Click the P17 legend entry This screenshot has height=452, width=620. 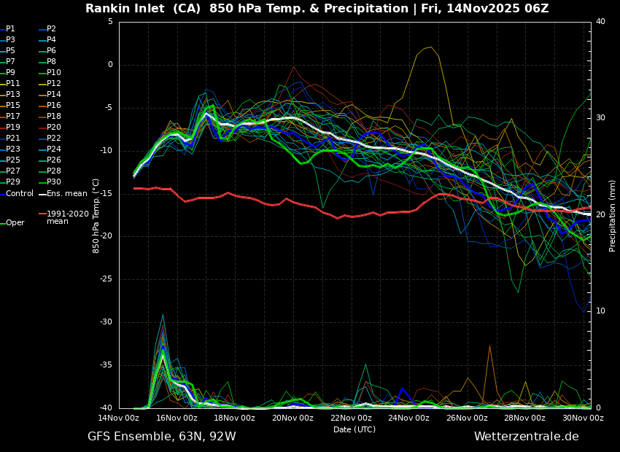(x=13, y=117)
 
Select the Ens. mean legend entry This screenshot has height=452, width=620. (x=66, y=194)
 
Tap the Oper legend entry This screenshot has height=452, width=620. (x=15, y=223)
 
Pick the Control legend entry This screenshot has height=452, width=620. (x=20, y=194)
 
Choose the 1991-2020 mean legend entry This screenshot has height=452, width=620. (x=67, y=217)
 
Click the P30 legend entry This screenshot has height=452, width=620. (x=54, y=182)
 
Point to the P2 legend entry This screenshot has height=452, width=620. (x=51, y=29)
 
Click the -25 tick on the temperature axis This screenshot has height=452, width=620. (x=108, y=279)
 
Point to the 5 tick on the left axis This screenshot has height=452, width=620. (x=110, y=22)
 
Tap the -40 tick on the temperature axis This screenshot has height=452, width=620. (x=108, y=408)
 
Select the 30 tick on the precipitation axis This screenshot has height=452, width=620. (x=600, y=118)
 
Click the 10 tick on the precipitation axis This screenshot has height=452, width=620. (x=600, y=311)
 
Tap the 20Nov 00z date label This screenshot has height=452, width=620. (x=292, y=418)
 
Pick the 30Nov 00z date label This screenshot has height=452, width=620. (x=583, y=418)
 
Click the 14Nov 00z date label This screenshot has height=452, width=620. (x=119, y=418)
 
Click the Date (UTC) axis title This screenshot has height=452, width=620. (x=354, y=429)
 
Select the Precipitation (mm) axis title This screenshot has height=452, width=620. (x=613, y=216)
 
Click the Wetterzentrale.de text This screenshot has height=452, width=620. (x=526, y=437)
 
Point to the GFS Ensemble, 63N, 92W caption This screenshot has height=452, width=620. (x=162, y=437)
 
